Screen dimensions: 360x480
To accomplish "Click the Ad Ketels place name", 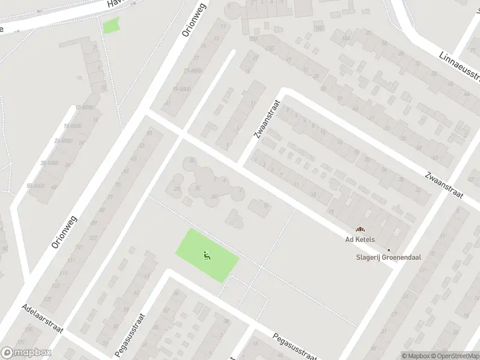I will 360,239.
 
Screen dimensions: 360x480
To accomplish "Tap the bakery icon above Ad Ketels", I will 360,229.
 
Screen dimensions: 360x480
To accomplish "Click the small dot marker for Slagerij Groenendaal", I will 389,250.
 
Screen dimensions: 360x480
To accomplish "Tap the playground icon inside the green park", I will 206,255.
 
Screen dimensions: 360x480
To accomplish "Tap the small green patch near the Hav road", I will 110,26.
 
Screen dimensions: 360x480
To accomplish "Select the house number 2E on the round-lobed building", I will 214,196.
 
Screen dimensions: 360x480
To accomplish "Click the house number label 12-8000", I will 85,107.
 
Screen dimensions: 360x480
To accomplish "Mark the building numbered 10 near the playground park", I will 265,206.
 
